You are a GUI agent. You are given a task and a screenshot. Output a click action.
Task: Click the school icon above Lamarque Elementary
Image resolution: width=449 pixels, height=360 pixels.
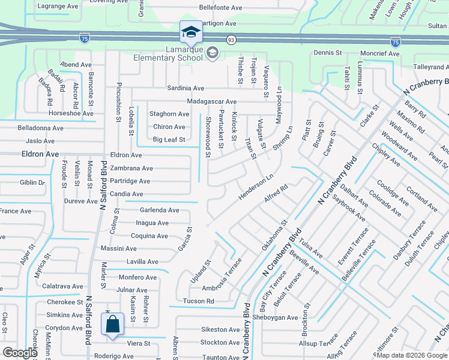point(191,32)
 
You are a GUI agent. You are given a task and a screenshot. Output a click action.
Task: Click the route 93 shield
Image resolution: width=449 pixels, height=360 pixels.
point(231,40)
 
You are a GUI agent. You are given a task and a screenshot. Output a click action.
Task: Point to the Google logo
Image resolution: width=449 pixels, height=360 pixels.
point(20,353)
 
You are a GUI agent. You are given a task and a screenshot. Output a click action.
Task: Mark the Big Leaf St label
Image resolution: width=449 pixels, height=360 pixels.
point(169,140)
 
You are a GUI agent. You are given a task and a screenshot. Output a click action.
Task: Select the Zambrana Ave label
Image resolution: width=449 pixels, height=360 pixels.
point(131,169)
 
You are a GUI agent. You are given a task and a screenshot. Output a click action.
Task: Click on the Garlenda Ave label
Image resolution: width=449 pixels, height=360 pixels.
point(159,211)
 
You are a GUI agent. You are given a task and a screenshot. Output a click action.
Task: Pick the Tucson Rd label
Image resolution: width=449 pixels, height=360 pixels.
point(199,301)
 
